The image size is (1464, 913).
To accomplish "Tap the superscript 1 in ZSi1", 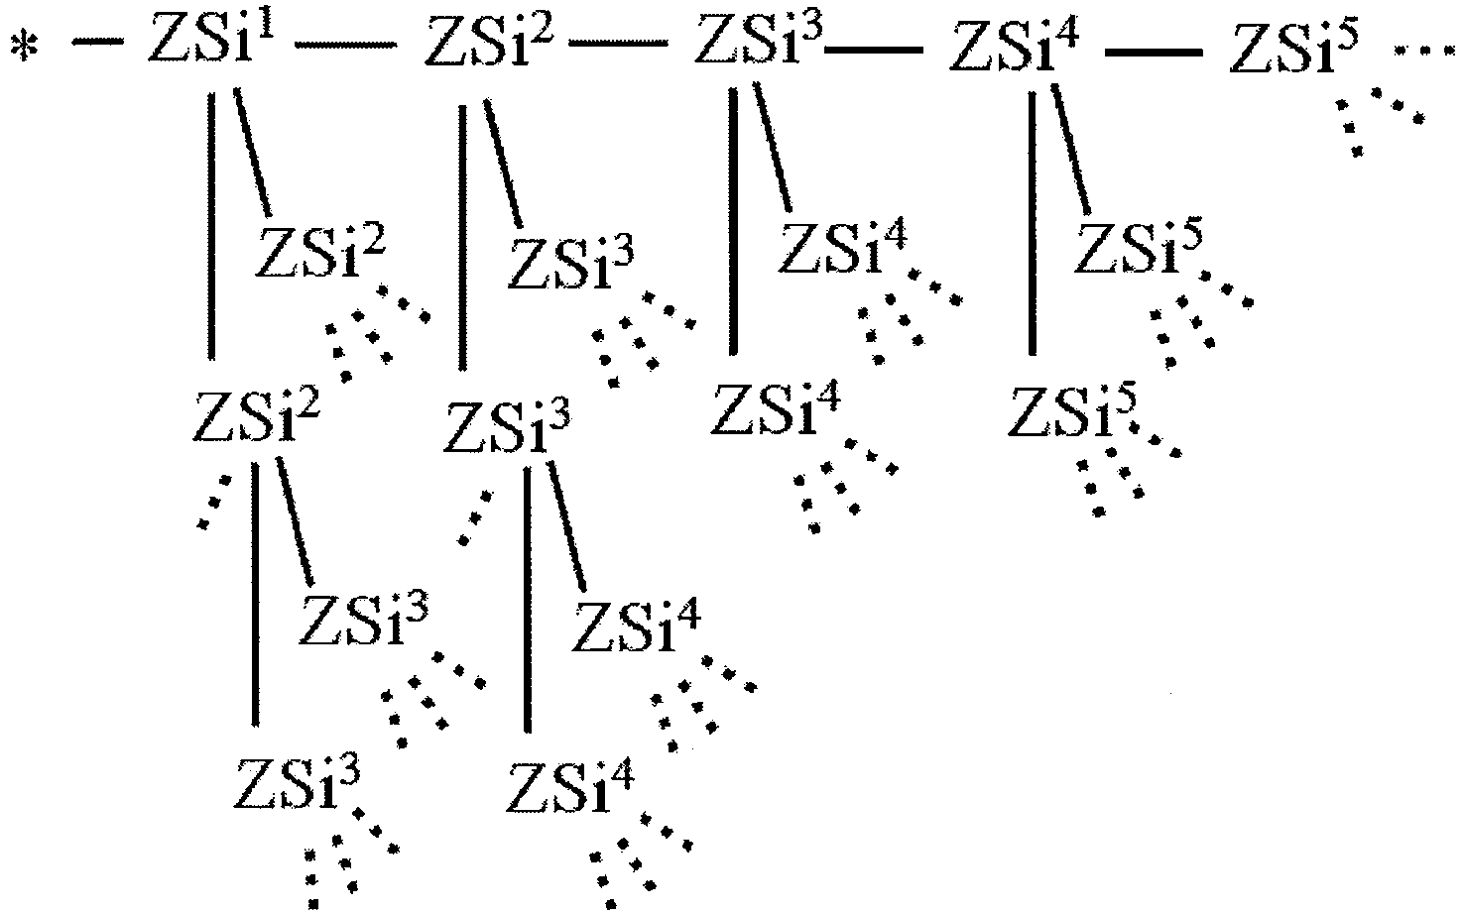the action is point(264,31).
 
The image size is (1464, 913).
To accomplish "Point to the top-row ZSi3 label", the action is point(758,41).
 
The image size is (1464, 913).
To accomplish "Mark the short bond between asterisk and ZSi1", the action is point(97,43).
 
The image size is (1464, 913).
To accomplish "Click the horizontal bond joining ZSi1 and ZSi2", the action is point(346,45).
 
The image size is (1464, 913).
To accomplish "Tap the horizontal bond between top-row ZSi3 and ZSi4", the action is point(874,49).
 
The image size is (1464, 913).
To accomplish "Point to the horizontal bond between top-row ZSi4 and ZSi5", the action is point(1154,52).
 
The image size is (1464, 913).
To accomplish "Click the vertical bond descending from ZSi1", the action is point(211,226).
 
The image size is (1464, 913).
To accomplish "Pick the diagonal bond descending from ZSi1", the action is point(252,152).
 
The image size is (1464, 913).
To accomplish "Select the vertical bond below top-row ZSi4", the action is point(1033,223).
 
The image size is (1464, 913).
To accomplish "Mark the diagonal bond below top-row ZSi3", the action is point(774,147).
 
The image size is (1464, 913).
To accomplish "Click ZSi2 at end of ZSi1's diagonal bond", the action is point(319,254).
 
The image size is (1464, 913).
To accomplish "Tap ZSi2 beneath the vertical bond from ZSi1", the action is point(256,417).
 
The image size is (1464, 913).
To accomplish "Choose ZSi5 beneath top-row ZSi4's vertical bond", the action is point(1072,412).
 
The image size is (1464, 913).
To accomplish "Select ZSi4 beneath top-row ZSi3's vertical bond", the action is point(775,410).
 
